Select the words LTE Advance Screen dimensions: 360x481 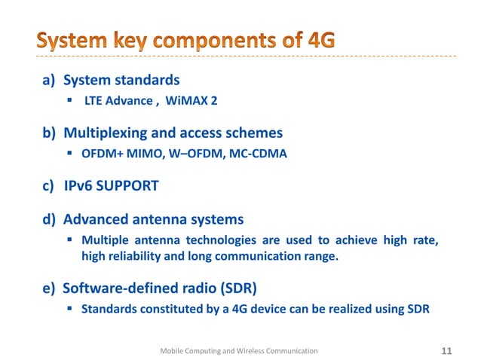117,102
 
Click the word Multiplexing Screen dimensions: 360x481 106,133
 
